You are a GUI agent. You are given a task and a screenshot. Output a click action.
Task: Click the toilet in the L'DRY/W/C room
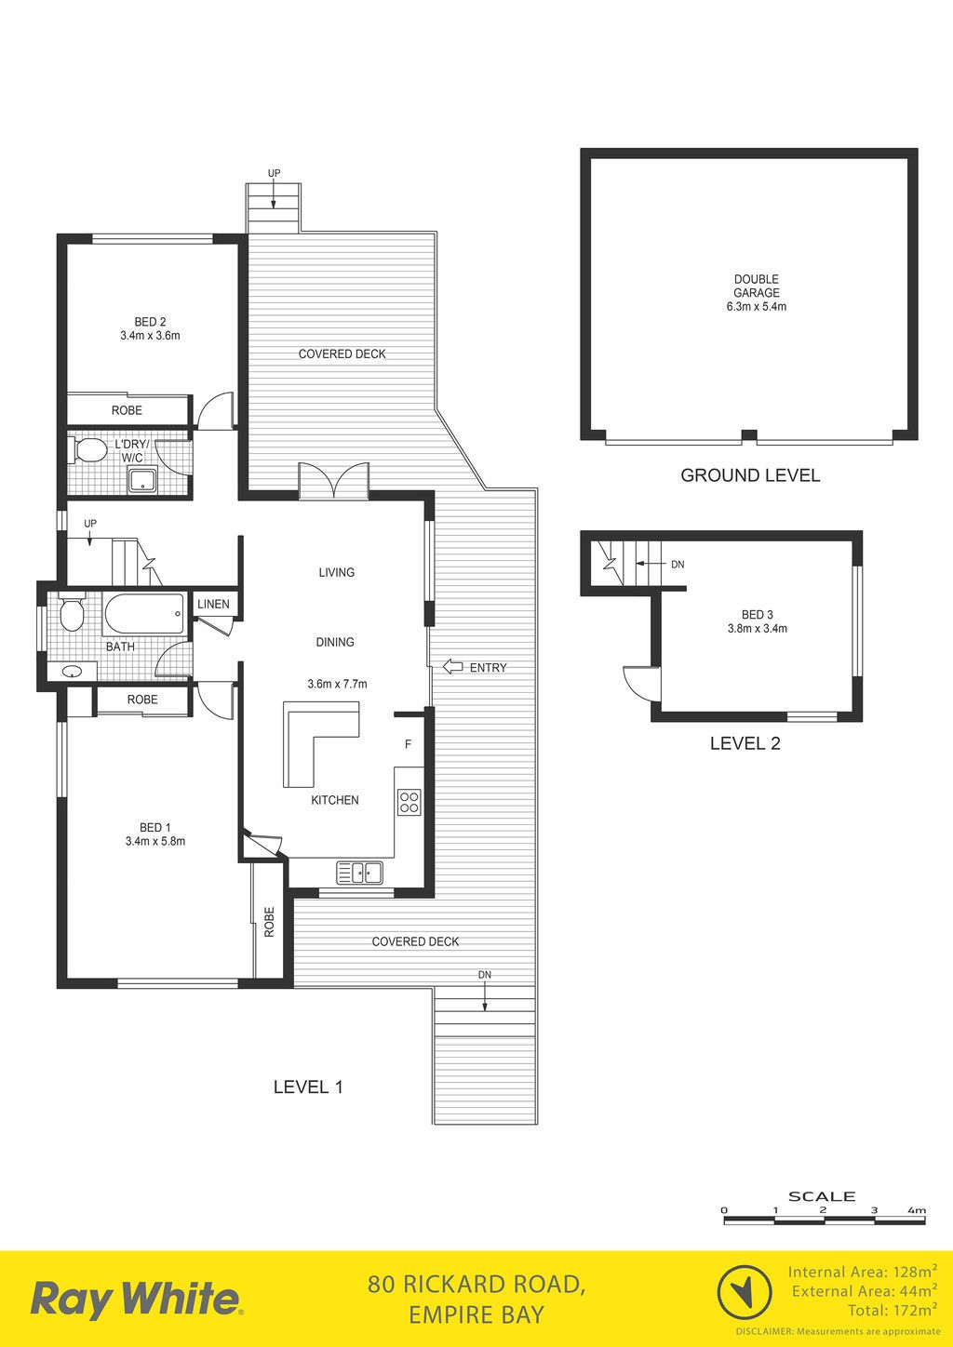(85, 450)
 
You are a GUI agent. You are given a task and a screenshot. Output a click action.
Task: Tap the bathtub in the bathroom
(144, 613)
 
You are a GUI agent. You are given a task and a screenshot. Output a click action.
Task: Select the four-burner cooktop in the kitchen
(409, 802)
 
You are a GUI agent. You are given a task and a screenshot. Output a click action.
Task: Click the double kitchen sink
(359, 873)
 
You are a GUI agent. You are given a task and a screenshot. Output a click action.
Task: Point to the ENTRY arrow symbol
(452, 666)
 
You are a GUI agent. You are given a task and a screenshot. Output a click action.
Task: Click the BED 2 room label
(150, 322)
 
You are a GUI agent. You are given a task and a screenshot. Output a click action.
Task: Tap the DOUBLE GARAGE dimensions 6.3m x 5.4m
(757, 307)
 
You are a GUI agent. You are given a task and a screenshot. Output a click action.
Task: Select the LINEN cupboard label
(213, 604)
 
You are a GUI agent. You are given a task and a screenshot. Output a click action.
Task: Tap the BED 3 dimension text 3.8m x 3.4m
(757, 629)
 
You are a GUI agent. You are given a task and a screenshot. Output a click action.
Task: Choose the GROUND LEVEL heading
(750, 475)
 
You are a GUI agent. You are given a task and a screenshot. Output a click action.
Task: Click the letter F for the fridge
(408, 744)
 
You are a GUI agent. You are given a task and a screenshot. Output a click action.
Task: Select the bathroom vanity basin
(74, 671)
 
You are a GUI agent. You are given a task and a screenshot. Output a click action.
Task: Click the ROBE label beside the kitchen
(269, 921)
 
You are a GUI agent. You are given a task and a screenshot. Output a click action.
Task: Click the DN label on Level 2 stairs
(678, 565)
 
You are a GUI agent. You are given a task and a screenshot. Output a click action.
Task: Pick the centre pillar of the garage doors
(749, 435)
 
